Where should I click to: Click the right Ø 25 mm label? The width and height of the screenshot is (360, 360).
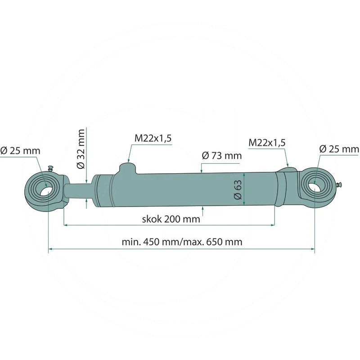coord(339,149)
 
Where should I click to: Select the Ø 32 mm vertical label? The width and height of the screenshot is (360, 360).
coord(81,148)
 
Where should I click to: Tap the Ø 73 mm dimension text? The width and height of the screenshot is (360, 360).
coord(222,156)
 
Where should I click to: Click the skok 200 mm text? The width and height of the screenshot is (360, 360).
coord(171,220)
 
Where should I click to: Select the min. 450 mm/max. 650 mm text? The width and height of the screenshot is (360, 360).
coord(182,242)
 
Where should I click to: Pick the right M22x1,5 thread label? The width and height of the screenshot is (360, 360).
coord(267,143)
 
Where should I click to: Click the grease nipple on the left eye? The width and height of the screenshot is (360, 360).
coord(50,169)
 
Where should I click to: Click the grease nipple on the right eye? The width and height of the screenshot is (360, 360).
coord(341,184)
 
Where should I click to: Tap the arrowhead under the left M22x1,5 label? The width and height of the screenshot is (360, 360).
coord(129,161)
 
